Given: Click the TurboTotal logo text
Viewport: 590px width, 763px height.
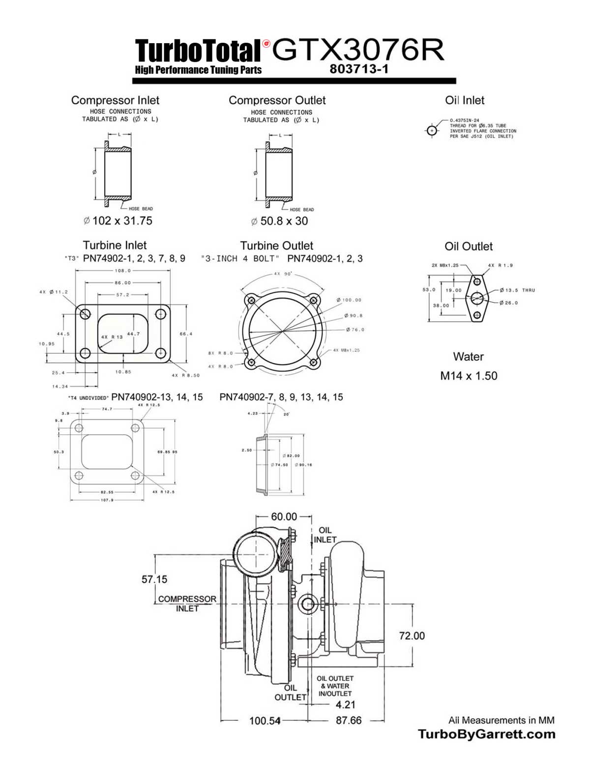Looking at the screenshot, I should pyautogui.click(x=198, y=51).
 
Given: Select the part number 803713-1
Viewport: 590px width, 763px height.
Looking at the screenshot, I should pyautogui.click(x=359, y=69).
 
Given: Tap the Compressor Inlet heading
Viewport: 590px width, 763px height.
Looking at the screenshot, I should pyautogui.click(x=115, y=100).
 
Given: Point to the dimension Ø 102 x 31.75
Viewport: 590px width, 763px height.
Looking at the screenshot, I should pyautogui.click(x=118, y=221).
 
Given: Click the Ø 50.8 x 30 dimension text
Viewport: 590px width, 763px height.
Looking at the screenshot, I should pyautogui.click(x=279, y=221).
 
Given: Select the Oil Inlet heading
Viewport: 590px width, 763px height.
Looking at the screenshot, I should pyautogui.click(x=465, y=100).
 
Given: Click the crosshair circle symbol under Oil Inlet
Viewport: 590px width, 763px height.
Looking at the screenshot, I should pyautogui.click(x=432, y=131).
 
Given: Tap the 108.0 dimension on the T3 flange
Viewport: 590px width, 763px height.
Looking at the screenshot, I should pyautogui.click(x=122, y=271).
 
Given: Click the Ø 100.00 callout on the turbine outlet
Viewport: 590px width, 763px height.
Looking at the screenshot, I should pyautogui.click(x=349, y=300).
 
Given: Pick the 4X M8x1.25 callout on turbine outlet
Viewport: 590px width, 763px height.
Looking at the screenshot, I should pyautogui.click(x=346, y=350).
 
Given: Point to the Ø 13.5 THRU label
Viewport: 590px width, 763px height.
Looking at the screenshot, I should pyautogui.click(x=517, y=290).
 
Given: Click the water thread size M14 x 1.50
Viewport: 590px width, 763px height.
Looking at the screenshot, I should pyautogui.click(x=469, y=376).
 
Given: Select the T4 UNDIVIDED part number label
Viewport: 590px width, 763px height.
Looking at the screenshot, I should pyautogui.click(x=135, y=397).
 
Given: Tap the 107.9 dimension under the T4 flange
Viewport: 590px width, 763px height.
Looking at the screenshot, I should pyautogui.click(x=107, y=500).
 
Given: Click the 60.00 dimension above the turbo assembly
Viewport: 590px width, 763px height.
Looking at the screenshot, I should pyautogui.click(x=284, y=516).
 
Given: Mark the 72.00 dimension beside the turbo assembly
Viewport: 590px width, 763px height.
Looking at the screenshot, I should pyautogui.click(x=412, y=636).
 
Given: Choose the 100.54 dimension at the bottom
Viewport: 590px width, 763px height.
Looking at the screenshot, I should pyautogui.click(x=265, y=721).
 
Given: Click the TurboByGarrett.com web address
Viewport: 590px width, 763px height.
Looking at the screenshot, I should pyautogui.click(x=486, y=735).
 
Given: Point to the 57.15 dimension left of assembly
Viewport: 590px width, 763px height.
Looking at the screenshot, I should pyautogui.click(x=154, y=579).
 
